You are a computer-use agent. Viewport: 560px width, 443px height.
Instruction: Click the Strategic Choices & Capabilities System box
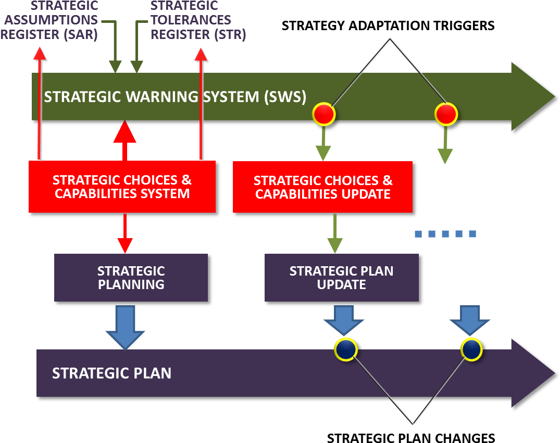point(122,187)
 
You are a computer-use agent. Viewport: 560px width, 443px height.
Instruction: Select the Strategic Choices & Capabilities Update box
point(322,187)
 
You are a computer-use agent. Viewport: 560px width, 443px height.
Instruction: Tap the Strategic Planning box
point(131,278)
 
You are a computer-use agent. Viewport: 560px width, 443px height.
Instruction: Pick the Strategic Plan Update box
point(341,278)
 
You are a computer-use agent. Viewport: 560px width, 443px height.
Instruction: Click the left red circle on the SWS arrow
point(323,114)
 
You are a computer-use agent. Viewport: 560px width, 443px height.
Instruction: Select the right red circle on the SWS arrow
point(446,114)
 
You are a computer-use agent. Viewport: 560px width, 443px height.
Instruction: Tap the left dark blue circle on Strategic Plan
point(345,349)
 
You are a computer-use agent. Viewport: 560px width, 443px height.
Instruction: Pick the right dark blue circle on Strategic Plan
point(471,349)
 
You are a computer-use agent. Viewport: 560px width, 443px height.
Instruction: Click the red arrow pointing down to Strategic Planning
point(125,233)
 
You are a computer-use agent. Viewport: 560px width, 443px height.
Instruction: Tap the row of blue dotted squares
point(445,234)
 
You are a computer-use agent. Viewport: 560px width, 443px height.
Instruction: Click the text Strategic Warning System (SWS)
point(175,97)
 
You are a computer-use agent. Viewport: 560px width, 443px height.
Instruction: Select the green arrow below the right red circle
point(445,147)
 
